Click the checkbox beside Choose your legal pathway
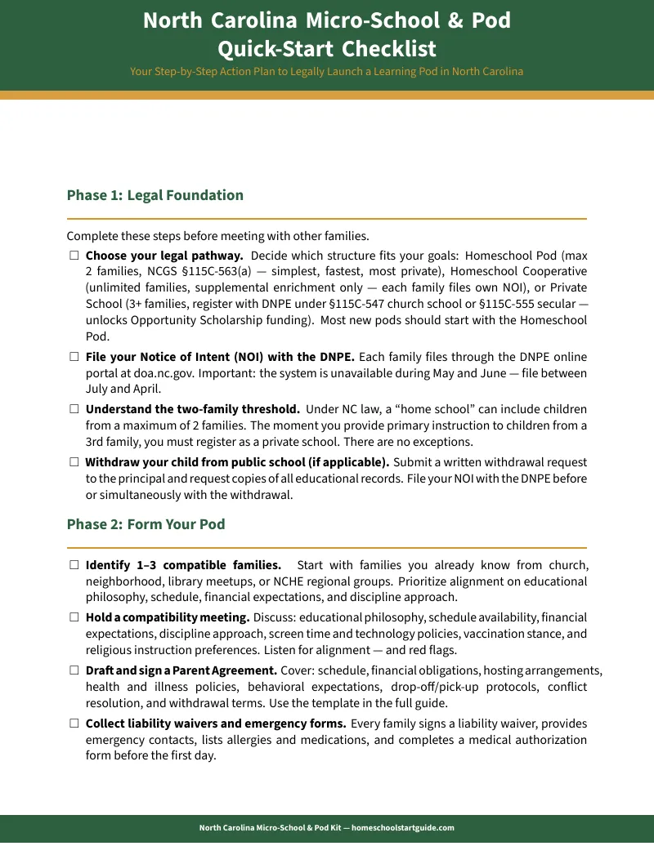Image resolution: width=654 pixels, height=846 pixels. tap(74, 256)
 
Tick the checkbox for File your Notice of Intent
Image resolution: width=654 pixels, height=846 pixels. tap(74, 357)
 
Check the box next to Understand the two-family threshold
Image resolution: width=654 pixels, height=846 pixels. tap(74, 409)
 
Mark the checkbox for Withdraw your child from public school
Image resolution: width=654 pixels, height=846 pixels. tap(74, 462)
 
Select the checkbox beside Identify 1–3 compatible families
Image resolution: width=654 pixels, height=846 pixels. tap(74, 565)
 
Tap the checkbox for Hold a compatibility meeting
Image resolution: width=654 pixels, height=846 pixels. tap(74, 617)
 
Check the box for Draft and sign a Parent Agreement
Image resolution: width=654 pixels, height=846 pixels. tap(74, 670)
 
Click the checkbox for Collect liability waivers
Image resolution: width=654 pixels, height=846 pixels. tap(74, 724)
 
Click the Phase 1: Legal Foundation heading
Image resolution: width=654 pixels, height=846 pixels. tap(155, 195)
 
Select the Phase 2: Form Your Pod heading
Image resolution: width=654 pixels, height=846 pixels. tap(146, 524)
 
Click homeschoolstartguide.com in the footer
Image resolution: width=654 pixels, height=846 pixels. tap(402, 827)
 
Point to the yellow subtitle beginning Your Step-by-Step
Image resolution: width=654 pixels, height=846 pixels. tap(327, 71)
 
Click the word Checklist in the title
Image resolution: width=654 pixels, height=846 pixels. tap(389, 48)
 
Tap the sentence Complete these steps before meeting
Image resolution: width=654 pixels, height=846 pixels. tap(217, 237)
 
